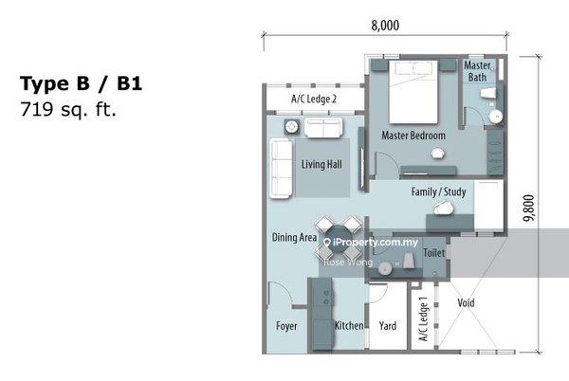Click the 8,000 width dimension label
385,26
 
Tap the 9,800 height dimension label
529,209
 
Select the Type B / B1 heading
81,83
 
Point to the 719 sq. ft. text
68,109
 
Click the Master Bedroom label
413,136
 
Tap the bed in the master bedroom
413,92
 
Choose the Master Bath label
478,71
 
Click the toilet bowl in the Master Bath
488,93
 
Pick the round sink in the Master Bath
495,117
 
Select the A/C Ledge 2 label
314,99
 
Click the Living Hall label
321,165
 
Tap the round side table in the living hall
291,127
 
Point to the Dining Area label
294,238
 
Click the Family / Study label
439,191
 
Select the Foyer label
286,326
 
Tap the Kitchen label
349,325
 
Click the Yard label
388,326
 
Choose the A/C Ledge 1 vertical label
424,319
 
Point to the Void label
466,302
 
